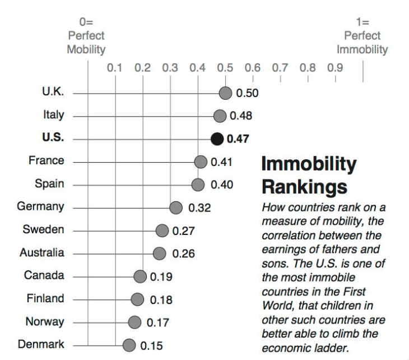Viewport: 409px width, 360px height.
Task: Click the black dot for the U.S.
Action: [217, 139]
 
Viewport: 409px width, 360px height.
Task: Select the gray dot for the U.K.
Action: [225, 93]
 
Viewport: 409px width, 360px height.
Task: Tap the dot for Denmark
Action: [129, 345]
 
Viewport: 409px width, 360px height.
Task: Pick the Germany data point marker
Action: [176, 207]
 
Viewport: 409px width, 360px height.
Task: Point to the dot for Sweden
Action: [162, 230]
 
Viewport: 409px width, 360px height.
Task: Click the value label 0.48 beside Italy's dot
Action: [241, 116]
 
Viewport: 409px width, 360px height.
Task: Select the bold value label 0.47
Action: [238, 139]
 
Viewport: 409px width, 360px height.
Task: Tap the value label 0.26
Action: [183, 253]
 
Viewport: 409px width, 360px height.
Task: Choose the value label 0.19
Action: [161, 276]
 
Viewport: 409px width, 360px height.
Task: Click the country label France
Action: [47, 161]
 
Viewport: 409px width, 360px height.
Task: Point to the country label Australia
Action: [42, 253]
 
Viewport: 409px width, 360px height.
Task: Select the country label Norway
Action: [45, 322]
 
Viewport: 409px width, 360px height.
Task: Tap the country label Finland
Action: [45, 299]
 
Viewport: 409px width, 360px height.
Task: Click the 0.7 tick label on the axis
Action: [280, 68]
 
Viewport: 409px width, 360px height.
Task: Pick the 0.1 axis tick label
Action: [115, 68]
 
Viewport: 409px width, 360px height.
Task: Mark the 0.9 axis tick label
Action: [335, 68]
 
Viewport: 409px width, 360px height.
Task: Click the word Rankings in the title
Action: [304, 186]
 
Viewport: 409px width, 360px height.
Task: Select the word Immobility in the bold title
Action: [309, 164]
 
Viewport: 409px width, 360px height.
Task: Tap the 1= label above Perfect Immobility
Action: [362, 22]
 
